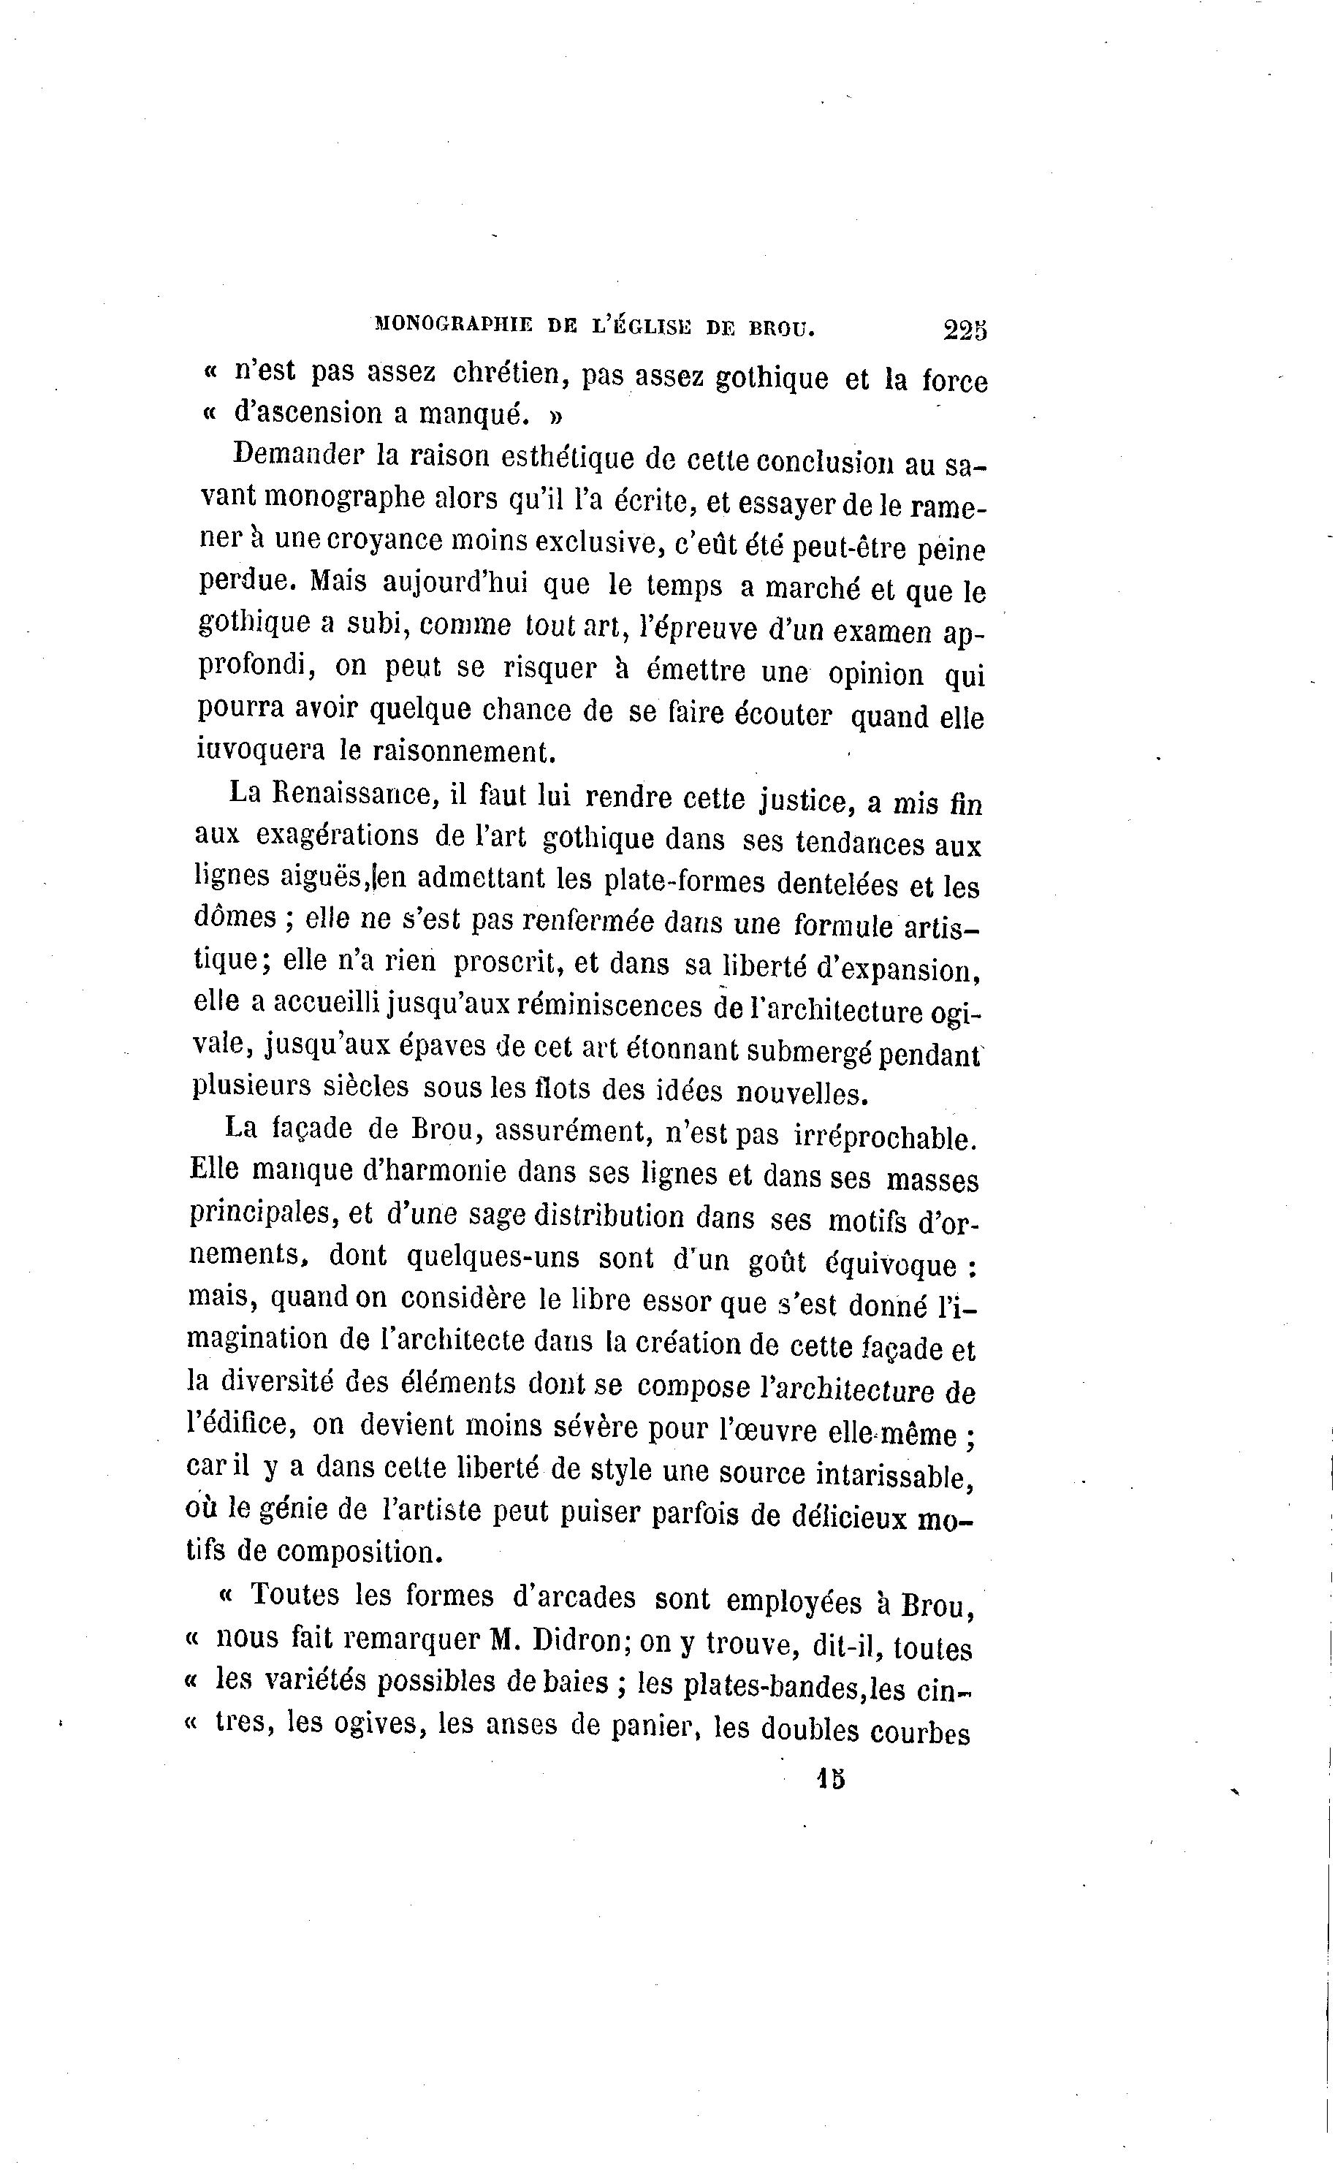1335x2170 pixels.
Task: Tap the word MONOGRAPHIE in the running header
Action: [x=453, y=325]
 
